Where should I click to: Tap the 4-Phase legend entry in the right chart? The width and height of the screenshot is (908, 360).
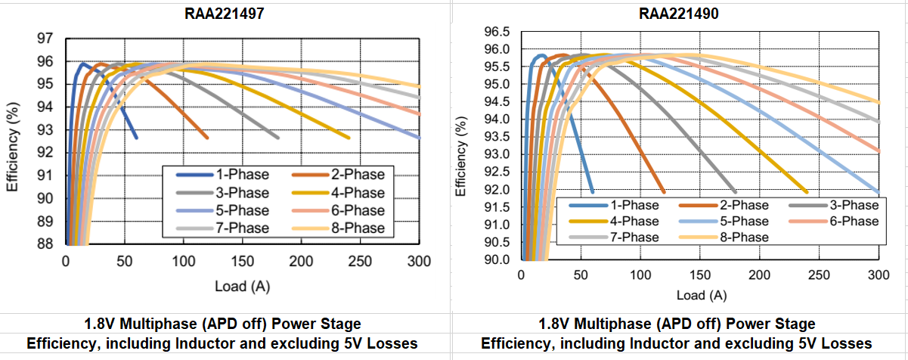[633, 221]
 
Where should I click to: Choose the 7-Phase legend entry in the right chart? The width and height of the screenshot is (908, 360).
[633, 237]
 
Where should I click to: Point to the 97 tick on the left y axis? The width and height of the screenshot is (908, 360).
[45, 38]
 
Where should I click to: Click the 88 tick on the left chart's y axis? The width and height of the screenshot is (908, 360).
[45, 244]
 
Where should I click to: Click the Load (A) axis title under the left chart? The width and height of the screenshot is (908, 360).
[243, 287]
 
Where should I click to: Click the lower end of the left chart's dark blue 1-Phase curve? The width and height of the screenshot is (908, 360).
[136, 138]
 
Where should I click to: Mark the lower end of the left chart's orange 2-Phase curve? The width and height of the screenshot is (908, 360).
[207, 138]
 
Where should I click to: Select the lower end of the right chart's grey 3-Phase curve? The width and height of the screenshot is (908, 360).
[735, 191]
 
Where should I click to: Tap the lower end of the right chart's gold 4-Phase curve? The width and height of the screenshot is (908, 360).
[807, 191]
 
